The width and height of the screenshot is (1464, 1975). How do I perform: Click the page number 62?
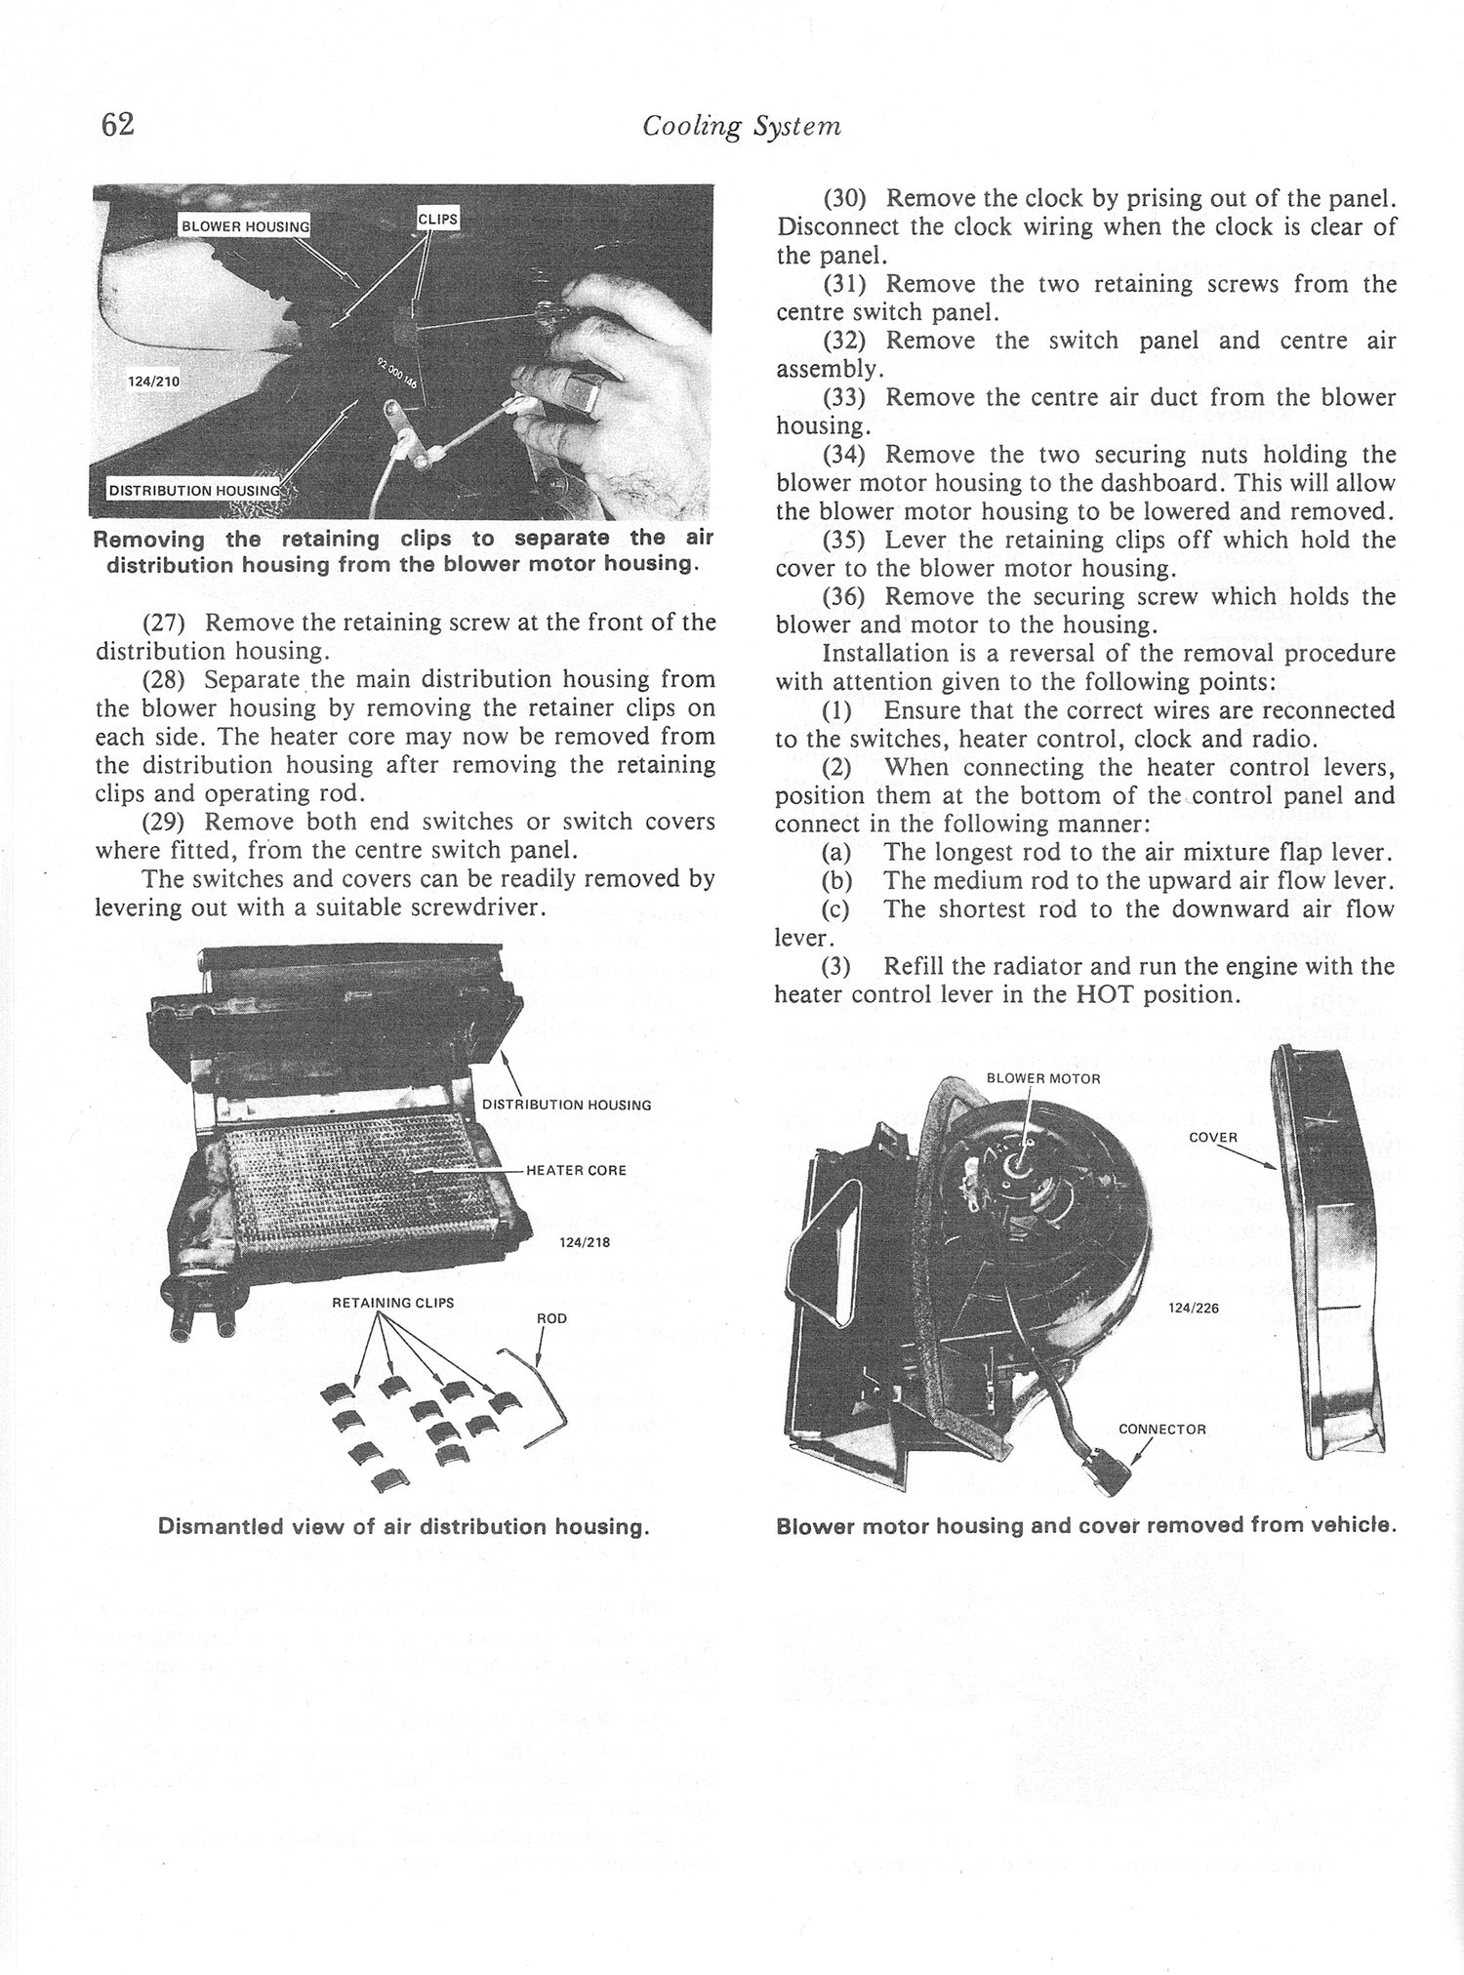click(x=116, y=125)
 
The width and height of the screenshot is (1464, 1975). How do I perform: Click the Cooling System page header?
click(x=742, y=127)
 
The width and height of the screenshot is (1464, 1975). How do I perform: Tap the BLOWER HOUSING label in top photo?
click(x=245, y=227)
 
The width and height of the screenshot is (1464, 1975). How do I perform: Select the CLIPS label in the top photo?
click(x=437, y=220)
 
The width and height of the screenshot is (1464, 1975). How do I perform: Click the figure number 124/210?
click(x=154, y=382)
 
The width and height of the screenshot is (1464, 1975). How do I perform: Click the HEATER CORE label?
click(x=576, y=1170)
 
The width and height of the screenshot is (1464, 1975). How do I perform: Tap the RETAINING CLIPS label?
click(x=392, y=1302)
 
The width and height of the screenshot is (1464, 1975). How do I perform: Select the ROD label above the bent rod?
click(x=551, y=1318)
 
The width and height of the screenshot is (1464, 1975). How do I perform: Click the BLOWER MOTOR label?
click(x=1043, y=1078)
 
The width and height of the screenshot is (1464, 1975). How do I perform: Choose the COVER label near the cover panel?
click(x=1213, y=1138)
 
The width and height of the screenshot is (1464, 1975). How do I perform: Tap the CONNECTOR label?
click(x=1161, y=1430)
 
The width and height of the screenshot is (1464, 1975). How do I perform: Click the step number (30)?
click(x=845, y=199)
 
